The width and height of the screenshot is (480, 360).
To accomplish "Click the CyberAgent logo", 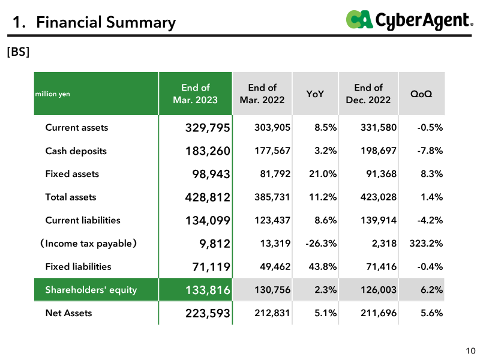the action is (x=410, y=20).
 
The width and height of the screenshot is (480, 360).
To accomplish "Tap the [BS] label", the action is (x=19, y=52).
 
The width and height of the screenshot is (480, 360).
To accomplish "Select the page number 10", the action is (x=470, y=351).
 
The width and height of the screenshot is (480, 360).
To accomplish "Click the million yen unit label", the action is (x=53, y=94).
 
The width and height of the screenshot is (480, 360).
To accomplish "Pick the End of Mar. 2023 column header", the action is (x=196, y=94).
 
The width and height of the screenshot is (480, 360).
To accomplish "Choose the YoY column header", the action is (x=315, y=94).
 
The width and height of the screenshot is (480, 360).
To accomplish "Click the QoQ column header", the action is (x=421, y=94).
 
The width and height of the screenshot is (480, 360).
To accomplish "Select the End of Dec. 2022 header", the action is (x=368, y=94).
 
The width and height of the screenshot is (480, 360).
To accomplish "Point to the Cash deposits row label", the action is (x=76, y=151).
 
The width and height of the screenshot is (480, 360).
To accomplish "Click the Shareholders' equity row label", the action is (x=91, y=290).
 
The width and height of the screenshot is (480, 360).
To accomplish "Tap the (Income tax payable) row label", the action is (x=88, y=244).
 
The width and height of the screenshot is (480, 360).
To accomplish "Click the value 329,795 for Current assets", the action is (x=208, y=128).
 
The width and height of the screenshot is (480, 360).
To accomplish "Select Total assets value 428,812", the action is (x=208, y=197).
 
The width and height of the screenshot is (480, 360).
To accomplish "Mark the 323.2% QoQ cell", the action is (x=426, y=244).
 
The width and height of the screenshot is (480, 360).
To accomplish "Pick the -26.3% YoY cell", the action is (x=321, y=244).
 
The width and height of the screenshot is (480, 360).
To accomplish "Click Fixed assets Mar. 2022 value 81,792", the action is (x=275, y=174).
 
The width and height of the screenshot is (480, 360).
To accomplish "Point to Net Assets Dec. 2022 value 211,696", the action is (x=379, y=313).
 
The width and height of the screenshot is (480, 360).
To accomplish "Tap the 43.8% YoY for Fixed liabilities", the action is (x=323, y=266).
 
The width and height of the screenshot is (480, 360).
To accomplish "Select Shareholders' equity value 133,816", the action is (x=208, y=290).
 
